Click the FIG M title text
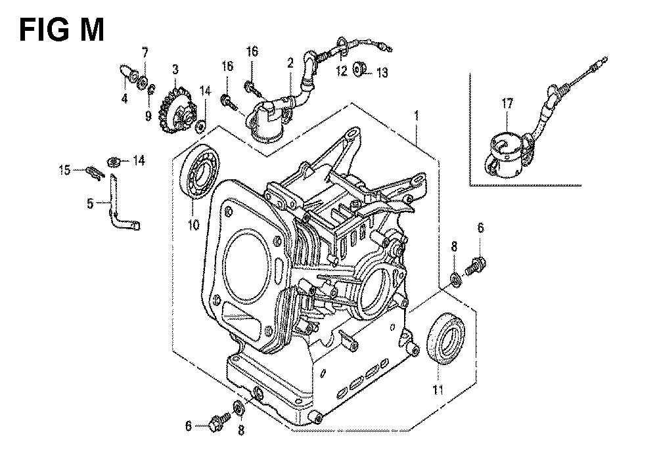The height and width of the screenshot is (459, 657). coord(60,29)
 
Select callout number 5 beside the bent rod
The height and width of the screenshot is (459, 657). coord(90,204)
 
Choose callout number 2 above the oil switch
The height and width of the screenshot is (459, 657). coord(290,64)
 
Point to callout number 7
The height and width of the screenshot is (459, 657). coord(145,51)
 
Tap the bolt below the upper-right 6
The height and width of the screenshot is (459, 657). coord(474,267)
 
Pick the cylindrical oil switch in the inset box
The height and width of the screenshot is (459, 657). coord(506,156)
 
